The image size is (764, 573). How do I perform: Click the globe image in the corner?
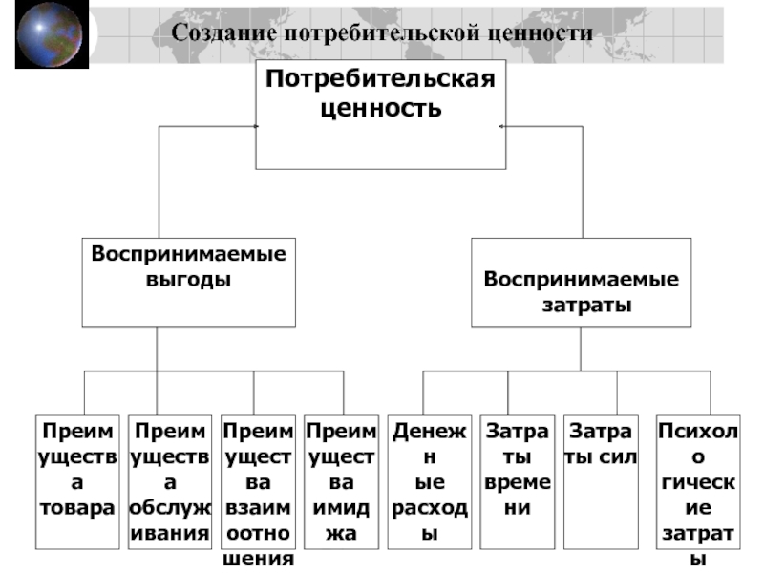click(52, 34)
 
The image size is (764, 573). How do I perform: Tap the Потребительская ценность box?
click(380, 115)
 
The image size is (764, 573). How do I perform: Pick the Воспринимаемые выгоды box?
click(188, 282)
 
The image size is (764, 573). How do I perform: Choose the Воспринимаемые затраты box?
click(581, 282)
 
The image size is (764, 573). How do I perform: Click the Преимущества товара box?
click(77, 482)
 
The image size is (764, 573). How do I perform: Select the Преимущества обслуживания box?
click(170, 482)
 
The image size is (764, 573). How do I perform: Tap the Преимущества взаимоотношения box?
click(258, 482)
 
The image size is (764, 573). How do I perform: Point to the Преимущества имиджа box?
click(341, 482)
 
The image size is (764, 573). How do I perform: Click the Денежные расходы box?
click(429, 482)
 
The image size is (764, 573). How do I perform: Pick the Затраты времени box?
click(517, 482)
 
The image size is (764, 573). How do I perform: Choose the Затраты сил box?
click(601, 482)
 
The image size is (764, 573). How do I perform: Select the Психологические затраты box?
click(698, 482)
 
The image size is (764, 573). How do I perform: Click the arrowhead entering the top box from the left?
click(256, 127)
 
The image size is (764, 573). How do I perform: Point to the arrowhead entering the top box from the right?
click(501, 127)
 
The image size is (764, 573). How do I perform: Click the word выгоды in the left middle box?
click(188, 280)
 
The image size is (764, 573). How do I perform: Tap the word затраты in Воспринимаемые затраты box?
click(586, 305)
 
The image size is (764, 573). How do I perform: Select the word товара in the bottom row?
click(77, 508)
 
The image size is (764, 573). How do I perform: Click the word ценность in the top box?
click(380, 108)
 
